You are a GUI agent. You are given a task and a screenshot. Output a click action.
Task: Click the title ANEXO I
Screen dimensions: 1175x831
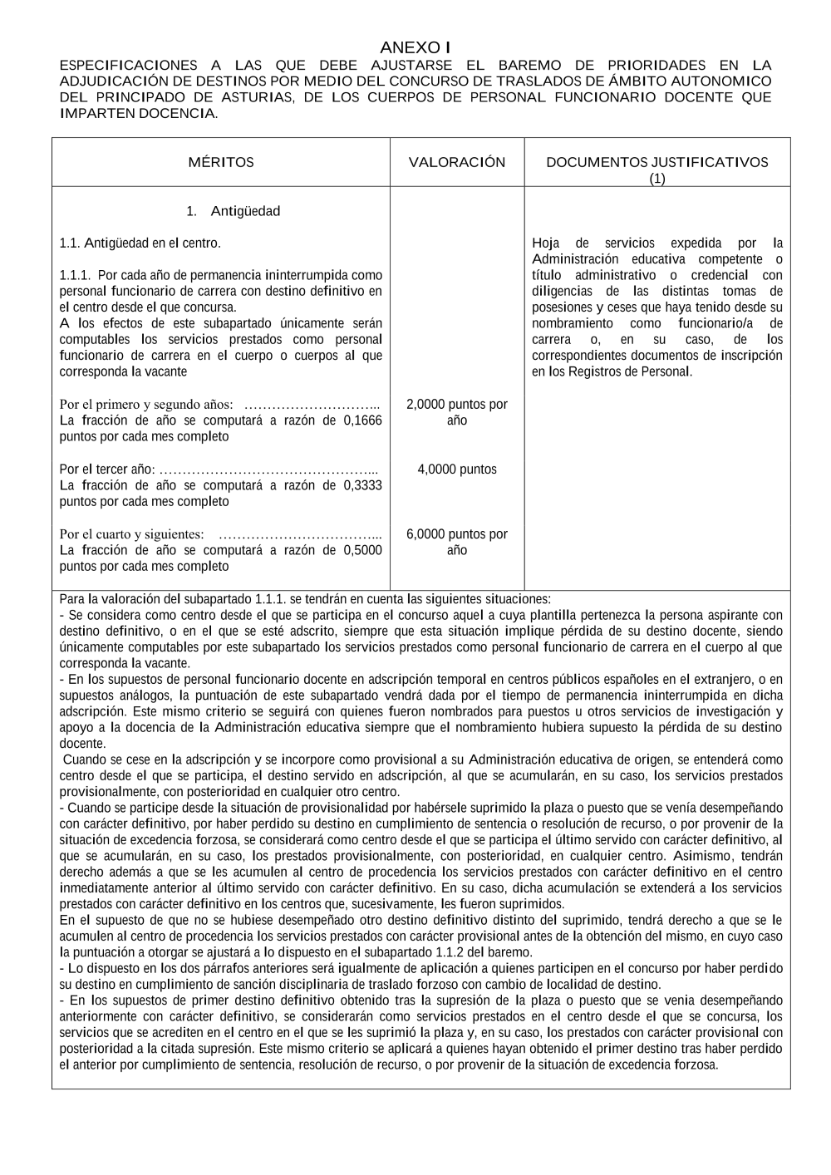tap(415, 48)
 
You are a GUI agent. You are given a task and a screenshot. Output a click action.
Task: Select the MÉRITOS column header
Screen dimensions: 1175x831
tap(221, 163)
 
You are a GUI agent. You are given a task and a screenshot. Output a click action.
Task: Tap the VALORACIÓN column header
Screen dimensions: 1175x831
tap(457, 163)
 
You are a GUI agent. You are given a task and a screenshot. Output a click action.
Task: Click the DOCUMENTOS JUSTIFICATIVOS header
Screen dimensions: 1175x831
tap(656, 163)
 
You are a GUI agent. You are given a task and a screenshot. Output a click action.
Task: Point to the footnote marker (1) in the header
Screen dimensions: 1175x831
tap(656, 179)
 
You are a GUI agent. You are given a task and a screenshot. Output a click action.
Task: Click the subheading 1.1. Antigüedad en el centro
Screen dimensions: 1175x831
tap(140, 243)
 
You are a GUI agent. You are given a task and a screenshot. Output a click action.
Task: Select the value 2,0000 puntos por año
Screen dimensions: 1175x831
tap(457, 412)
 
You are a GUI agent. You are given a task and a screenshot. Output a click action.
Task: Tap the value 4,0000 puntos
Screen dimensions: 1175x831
tap(457, 470)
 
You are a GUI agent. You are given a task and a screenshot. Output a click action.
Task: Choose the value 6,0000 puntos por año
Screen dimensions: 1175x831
tap(457, 542)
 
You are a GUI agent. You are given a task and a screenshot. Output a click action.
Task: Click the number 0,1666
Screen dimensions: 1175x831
tap(362, 420)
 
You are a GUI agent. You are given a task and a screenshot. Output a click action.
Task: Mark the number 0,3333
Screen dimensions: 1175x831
tap(362, 485)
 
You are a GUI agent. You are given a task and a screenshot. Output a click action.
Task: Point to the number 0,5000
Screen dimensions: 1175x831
tap(362, 550)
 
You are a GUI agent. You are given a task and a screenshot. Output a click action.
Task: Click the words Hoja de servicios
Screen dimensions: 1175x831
tap(593, 243)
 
